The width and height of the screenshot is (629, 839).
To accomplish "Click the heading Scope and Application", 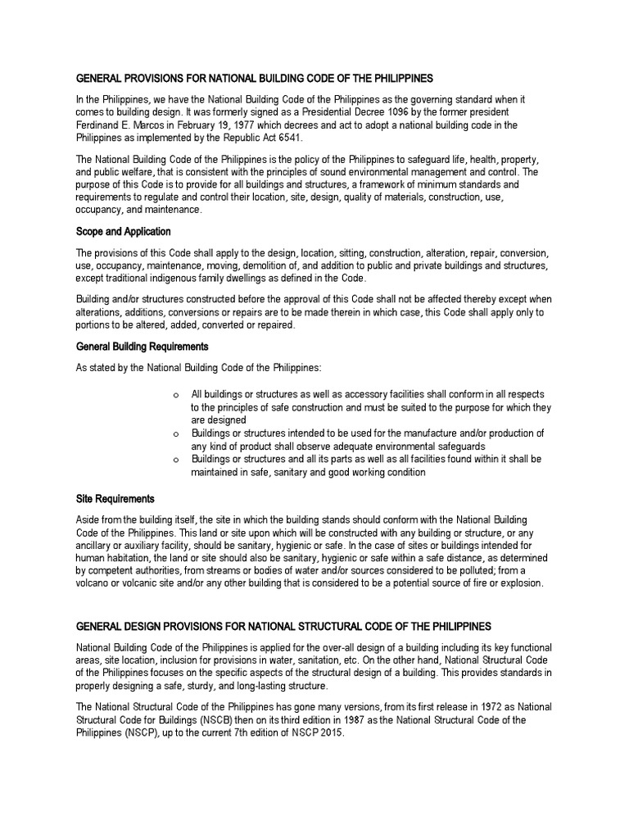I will coord(124,232).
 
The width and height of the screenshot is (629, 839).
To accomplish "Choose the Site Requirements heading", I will coord(115,498).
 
